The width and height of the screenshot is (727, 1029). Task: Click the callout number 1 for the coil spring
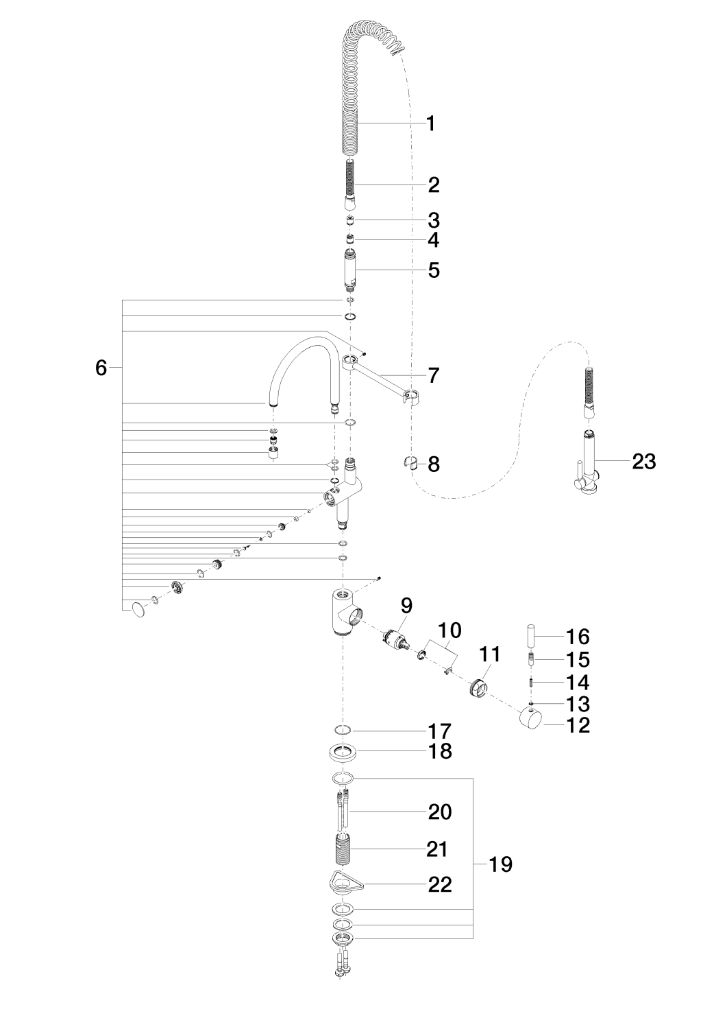pos(430,124)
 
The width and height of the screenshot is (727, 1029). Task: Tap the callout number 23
pos(643,462)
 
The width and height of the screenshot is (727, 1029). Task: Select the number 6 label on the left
pos(101,368)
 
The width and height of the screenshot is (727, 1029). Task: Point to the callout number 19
pos(502,864)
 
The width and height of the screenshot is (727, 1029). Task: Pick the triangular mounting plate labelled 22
pos(345,882)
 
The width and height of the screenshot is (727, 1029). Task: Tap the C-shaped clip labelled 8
pos(410,462)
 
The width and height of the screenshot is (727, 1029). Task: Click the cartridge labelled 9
pos(397,638)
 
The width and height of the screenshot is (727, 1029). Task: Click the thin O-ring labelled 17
pos(345,729)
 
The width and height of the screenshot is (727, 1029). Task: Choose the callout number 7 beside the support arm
pos(433,375)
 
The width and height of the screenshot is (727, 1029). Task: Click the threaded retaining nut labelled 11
pos(479,686)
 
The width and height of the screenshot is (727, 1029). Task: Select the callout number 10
pos(449,630)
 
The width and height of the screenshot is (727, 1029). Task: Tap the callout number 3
pos(434,220)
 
